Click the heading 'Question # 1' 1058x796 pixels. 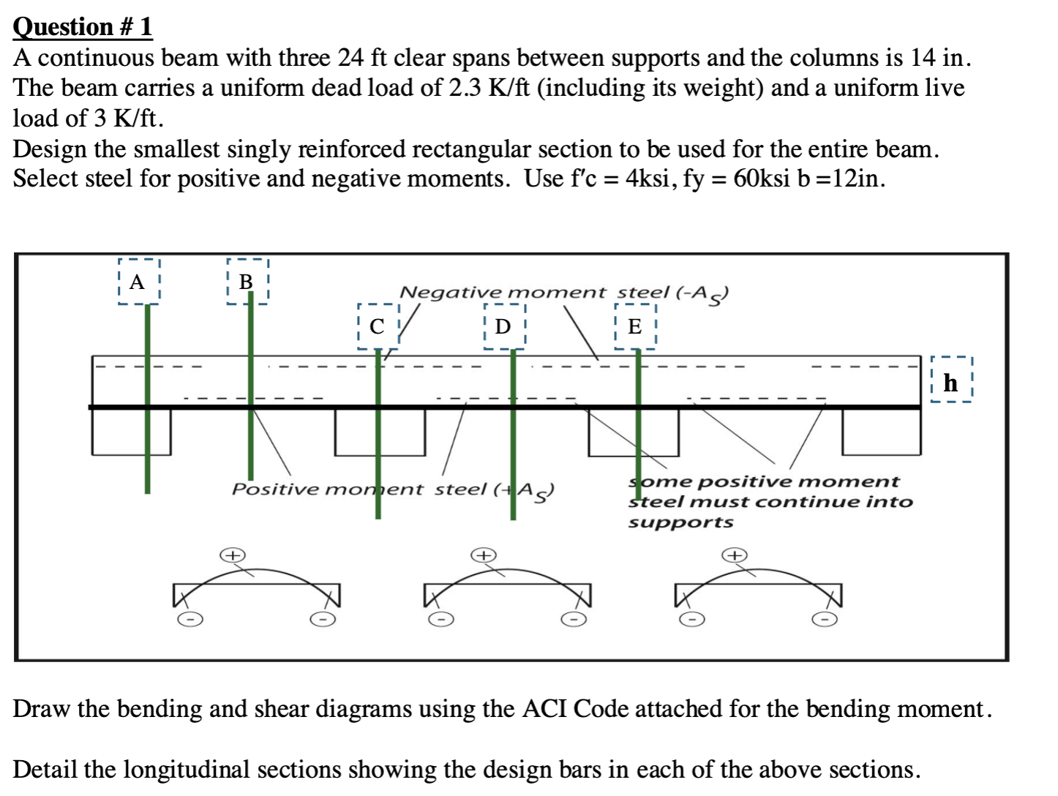(83, 27)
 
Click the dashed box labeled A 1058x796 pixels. (138, 282)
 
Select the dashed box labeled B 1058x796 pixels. (247, 282)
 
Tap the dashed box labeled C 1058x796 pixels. (378, 326)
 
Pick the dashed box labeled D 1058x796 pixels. (504, 326)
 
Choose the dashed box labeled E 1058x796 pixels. (635, 326)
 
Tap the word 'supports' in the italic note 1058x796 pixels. (680, 522)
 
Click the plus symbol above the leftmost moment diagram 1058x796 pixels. (233, 555)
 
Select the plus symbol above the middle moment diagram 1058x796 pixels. (484, 555)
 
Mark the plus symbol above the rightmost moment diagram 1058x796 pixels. (735, 555)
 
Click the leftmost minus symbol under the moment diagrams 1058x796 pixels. (190, 620)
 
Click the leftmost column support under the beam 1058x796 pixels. (132, 432)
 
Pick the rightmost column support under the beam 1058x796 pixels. (881, 432)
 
